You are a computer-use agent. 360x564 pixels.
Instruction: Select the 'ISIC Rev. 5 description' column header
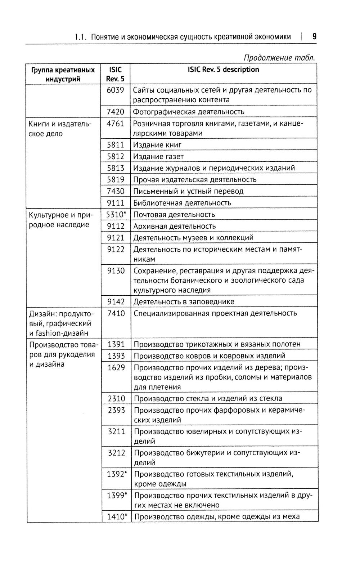[x=223, y=70]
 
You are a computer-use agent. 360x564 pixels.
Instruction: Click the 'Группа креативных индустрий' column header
[x=63, y=74]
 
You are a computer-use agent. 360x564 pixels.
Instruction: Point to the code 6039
[x=116, y=90]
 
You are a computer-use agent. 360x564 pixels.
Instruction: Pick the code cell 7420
[x=116, y=112]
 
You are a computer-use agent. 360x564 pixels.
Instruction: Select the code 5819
[x=116, y=179]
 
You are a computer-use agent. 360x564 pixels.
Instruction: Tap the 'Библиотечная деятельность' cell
[x=182, y=203]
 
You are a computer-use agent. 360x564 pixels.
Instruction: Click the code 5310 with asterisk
[x=116, y=214]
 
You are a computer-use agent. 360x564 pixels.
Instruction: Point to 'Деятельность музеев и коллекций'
[x=193, y=238]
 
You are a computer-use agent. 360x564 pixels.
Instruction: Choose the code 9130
[x=116, y=270]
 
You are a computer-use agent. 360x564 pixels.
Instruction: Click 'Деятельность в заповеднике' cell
[x=184, y=302]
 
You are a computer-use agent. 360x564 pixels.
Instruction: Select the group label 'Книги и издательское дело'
[x=60, y=129]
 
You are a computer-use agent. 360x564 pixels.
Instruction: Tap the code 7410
[x=116, y=313]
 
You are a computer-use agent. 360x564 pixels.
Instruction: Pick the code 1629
[x=116, y=367]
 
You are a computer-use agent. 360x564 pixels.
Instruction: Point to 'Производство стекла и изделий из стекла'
[x=208, y=398]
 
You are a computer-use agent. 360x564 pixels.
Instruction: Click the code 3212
[x=116, y=452]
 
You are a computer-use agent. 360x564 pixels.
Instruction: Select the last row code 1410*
[x=117, y=516]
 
